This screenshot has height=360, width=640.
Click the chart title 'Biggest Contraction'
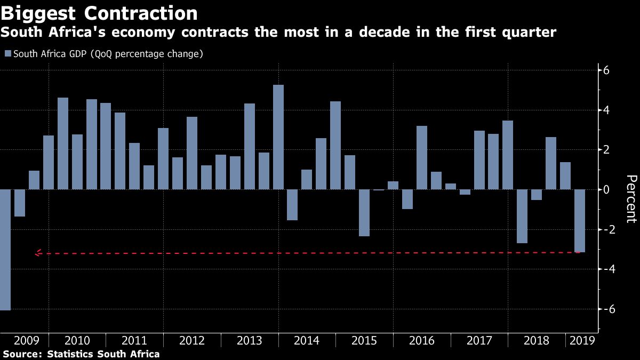pos(99,13)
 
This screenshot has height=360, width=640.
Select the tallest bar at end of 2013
pos(278,137)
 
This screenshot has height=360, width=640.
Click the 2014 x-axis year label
pos(307,340)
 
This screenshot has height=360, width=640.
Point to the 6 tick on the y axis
pos(606,70)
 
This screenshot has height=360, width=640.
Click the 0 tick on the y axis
pos(606,190)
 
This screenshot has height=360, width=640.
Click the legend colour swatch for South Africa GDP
pos(8,54)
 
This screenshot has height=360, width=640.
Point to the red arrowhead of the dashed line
pos(37,253)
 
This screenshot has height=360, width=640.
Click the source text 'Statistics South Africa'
pos(103,354)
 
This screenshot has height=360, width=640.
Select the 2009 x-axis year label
pos(26,340)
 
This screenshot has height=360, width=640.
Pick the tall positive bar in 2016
pos(422,157)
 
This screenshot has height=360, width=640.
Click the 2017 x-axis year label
pos(479,340)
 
